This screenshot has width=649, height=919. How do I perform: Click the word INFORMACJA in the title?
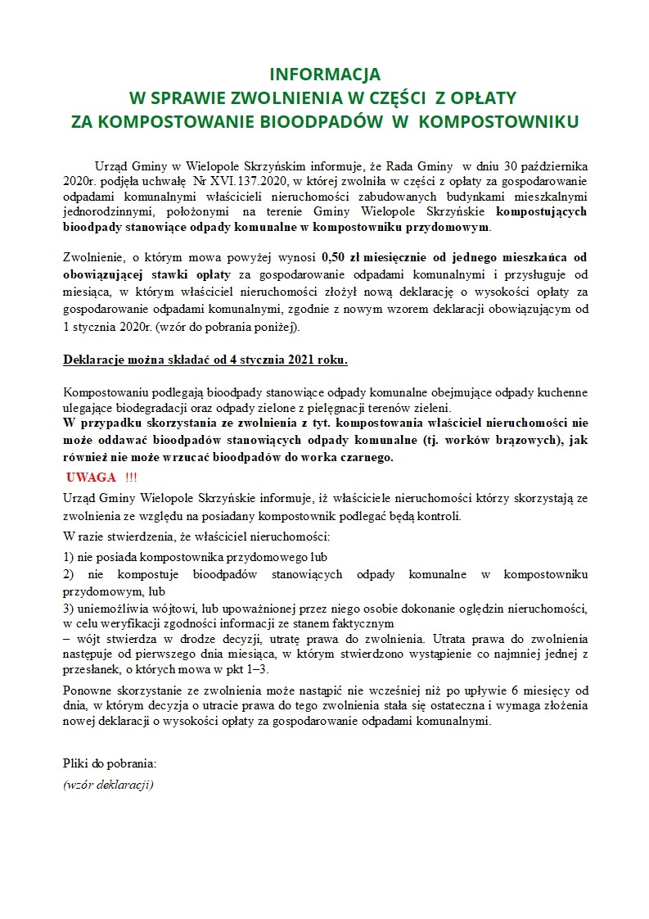[325, 75]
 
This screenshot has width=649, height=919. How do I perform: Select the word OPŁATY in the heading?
[483, 98]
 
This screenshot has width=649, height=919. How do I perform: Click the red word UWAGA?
[91, 478]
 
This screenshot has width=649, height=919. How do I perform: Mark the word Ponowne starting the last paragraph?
[86, 690]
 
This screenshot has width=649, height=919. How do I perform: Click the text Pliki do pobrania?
[110, 763]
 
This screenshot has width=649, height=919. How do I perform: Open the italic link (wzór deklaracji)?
[108, 784]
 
